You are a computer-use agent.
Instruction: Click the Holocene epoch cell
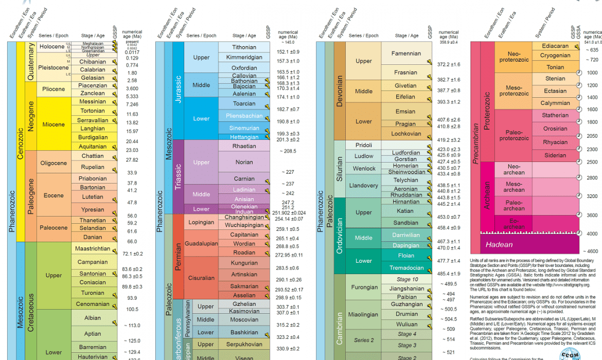(x=51, y=47)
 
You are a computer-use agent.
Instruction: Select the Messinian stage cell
(x=93, y=102)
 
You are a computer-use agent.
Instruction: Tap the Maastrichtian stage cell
(x=93, y=249)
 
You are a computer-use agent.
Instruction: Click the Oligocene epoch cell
(x=54, y=163)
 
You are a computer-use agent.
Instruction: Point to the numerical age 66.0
(x=132, y=241)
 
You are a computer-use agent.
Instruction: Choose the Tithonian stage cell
(x=244, y=47)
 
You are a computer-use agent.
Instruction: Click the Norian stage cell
(x=244, y=162)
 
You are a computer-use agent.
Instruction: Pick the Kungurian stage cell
(x=244, y=263)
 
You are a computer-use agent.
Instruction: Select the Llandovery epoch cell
(x=363, y=185)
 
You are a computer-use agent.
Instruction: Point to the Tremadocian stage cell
(x=406, y=268)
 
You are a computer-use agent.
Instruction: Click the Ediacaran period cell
(x=555, y=46)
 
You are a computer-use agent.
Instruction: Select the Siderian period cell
(x=555, y=155)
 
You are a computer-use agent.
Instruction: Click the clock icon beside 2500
(x=578, y=161)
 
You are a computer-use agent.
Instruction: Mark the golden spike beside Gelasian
(x=114, y=78)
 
